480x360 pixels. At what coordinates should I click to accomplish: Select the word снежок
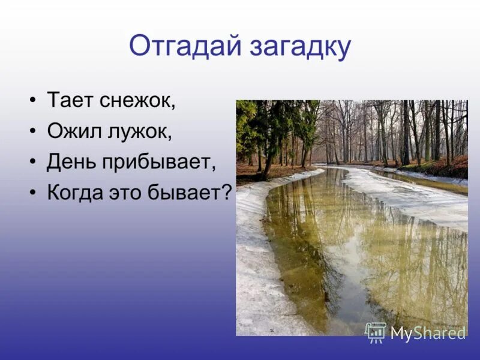pos(139,101)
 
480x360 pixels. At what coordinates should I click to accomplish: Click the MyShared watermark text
pos(428,333)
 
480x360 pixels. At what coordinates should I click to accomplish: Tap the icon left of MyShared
pos(376,332)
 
